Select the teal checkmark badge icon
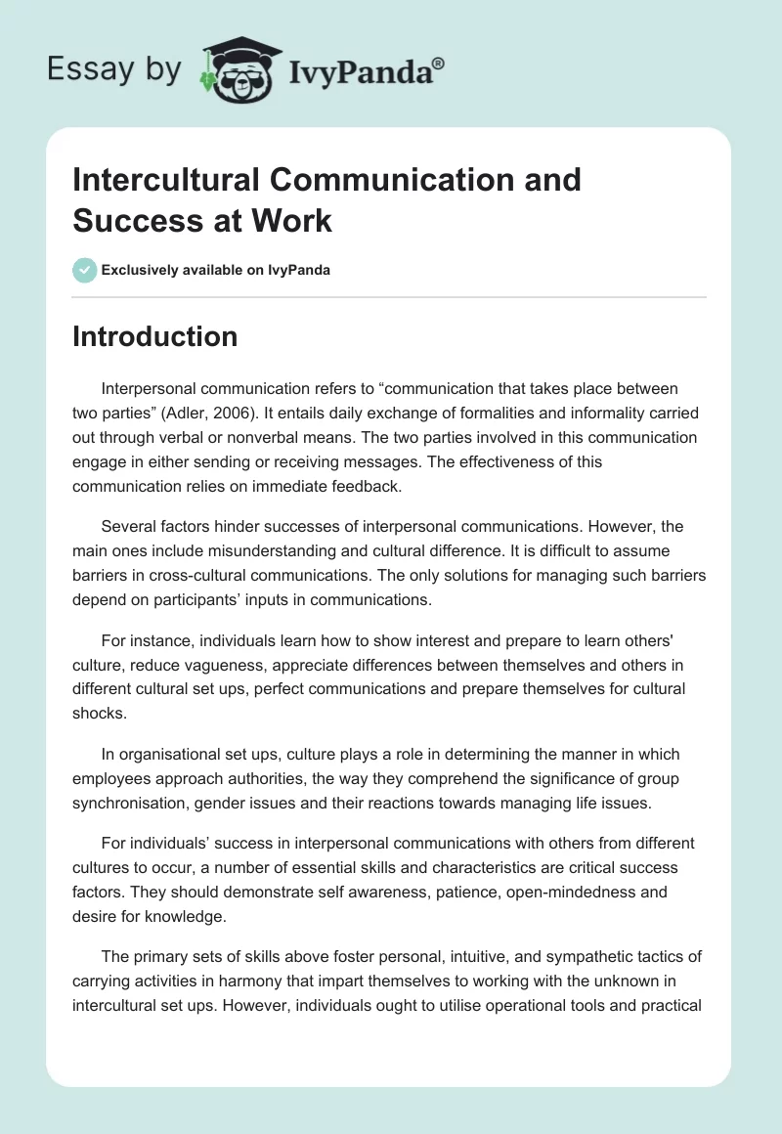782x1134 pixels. click(x=85, y=271)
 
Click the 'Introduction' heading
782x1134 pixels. click(x=154, y=336)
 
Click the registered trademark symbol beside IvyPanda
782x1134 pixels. click(x=439, y=62)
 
